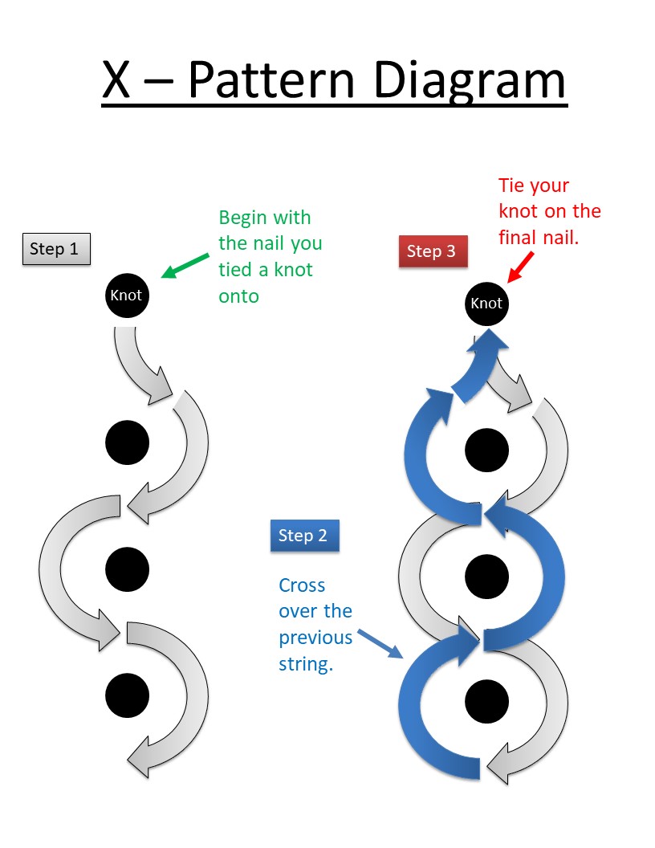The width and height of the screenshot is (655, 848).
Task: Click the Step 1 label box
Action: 55,249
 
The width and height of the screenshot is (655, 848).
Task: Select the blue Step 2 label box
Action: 303,536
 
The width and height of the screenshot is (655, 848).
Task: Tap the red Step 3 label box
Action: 431,251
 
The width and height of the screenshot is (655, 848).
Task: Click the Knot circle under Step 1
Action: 127,296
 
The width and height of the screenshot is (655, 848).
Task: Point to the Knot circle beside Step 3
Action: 486,304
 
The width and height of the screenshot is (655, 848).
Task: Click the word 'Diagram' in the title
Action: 468,81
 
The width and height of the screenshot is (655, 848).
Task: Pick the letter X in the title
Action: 117,81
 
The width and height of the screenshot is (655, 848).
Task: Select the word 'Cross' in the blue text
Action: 302,585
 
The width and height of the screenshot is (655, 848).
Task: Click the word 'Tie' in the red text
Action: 512,185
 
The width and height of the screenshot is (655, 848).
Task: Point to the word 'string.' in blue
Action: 306,664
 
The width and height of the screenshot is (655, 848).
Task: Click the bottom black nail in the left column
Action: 127,695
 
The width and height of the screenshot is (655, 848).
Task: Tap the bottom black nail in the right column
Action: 486,700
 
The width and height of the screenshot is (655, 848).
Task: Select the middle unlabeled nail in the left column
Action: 127,569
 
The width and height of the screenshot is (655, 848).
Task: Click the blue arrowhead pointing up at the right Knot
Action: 487,338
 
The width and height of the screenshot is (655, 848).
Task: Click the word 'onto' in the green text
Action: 239,296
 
